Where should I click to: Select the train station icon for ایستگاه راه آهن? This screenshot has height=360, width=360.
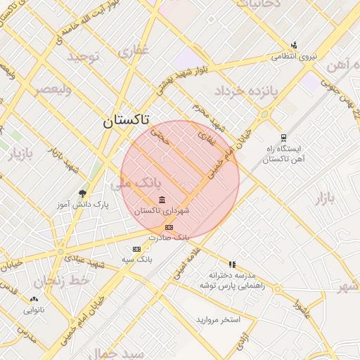[283, 138]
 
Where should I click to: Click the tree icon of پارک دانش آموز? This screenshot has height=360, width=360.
[83, 193]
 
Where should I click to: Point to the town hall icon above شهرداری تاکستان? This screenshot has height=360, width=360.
[162, 200]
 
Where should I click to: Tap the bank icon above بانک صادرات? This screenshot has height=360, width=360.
[168, 227]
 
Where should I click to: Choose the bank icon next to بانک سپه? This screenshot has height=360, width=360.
[136, 249]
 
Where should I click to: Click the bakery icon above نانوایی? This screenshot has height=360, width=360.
[34, 299]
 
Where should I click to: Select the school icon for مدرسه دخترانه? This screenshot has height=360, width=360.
[232, 264]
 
